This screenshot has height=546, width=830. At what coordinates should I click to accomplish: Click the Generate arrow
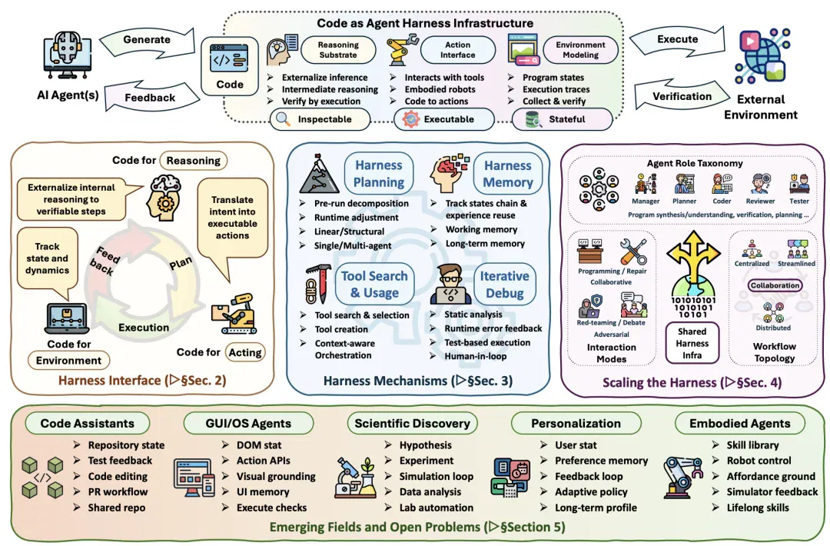point(147,42)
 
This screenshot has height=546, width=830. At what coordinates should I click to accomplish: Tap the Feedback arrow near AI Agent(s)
point(151,97)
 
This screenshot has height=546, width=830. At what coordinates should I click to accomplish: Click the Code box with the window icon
point(230,66)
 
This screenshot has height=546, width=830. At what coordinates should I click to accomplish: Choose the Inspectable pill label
point(320,119)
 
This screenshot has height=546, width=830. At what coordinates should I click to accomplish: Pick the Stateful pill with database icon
point(562,119)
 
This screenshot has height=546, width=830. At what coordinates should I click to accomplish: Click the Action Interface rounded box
point(458,50)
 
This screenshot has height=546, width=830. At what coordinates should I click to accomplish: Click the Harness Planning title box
point(378,174)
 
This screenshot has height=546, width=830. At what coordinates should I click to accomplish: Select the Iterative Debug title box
point(504,285)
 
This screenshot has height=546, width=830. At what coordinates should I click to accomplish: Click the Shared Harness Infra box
point(692,343)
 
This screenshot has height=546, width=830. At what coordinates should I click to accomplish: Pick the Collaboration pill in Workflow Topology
point(775,285)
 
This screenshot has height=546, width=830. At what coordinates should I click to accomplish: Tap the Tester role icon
point(798,184)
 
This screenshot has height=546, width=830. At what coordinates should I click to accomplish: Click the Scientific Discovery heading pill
point(413,423)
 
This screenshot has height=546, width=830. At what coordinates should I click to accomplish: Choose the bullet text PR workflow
point(118,491)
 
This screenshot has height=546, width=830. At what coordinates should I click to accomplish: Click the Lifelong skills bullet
point(758,508)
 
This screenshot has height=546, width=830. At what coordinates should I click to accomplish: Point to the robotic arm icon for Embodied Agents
point(682,477)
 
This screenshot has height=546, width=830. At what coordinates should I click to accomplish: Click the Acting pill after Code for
point(245,352)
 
